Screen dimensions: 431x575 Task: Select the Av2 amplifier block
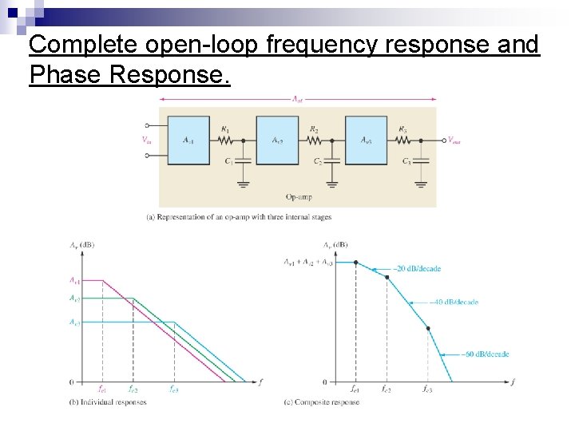click(277, 140)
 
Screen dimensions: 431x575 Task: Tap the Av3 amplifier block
click(366, 140)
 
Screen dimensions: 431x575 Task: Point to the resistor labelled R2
click(314, 139)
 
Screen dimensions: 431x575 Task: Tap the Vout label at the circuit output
click(453, 140)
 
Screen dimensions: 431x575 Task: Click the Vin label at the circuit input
click(146, 140)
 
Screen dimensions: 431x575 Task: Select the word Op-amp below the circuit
click(298, 196)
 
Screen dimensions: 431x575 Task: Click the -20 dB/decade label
click(417, 269)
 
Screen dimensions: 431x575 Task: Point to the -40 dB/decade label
click(454, 302)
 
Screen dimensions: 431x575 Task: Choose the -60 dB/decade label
click(486, 354)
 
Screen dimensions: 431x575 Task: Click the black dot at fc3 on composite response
click(428, 328)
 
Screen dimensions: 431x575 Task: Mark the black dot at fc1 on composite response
click(355, 263)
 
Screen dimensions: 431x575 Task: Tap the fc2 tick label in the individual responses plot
click(133, 389)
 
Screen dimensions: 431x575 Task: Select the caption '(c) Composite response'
click(321, 401)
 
